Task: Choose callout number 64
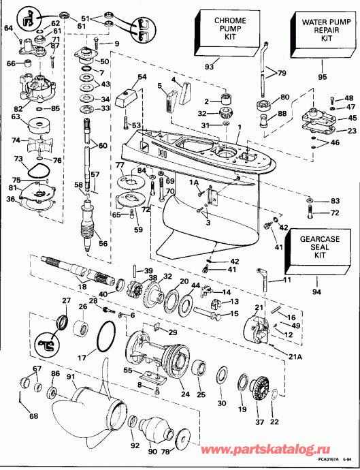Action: (8, 28)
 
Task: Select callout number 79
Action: (282, 73)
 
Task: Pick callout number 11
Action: (287, 280)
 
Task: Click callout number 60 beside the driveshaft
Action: (102, 146)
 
